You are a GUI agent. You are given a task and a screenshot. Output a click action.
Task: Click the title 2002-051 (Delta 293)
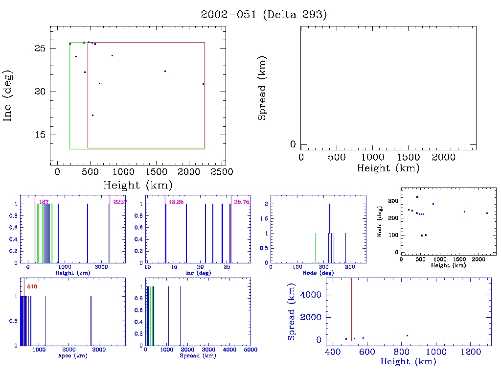pyautogui.click(x=264, y=15)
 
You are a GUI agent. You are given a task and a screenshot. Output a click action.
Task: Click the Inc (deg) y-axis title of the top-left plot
pyautogui.click(x=8, y=95)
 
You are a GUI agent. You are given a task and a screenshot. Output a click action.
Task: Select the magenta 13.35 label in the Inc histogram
pyautogui.click(x=176, y=202)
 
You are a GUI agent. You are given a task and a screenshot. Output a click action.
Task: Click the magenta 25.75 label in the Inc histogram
pyautogui.click(x=242, y=202)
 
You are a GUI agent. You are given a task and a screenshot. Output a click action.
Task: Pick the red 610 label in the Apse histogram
pyautogui.click(x=32, y=286)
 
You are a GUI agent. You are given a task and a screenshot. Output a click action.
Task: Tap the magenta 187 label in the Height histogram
pyautogui.click(x=44, y=202)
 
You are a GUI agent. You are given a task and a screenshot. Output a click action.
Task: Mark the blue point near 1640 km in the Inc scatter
pyautogui.click(x=165, y=71)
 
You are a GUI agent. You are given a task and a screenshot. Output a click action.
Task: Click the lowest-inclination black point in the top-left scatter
pyautogui.click(x=92, y=116)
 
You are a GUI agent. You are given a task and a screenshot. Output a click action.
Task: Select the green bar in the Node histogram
pyautogui.click(x=315, y=248)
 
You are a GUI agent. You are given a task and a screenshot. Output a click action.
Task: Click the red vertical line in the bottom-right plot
pyautogui.click(x=351, y=308)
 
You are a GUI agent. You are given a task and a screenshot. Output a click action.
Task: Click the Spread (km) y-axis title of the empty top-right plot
pyautogui.click(x=263, y=88)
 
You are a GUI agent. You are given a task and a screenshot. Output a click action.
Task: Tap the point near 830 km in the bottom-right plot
pyautogui.click(x=407, y=335)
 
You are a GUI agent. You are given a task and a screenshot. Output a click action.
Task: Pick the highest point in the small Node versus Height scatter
pyautogui.click(x=417, y=197)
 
